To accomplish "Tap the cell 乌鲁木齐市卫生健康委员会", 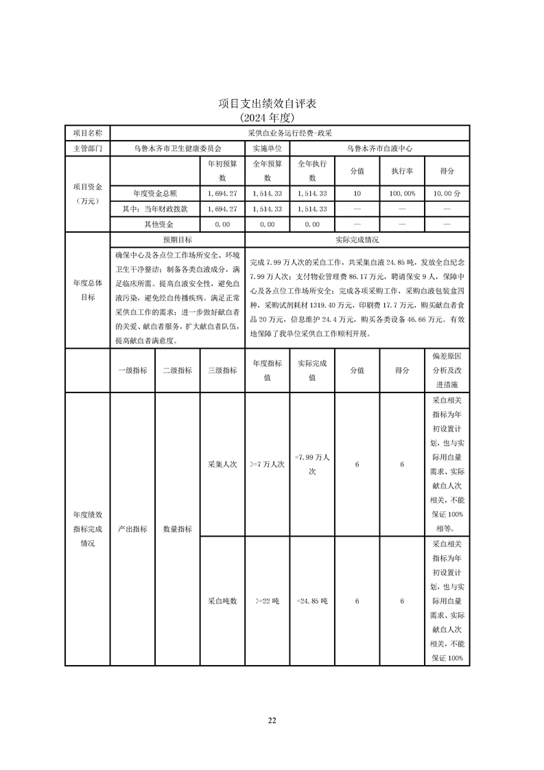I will tap(177, 148).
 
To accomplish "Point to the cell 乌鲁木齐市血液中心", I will tap(379, 148).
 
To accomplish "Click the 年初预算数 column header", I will tap(222, 171).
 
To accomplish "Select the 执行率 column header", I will tap(402, 171).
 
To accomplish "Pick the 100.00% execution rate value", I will tap(402, 194).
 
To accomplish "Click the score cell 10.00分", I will tap(447, 194).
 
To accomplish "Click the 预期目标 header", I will tap(177, 240).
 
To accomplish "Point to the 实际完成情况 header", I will tap(357, 240).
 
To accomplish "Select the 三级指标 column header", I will tap(222, 370).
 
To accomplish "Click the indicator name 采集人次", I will tap(222, 465).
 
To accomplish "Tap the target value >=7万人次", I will tap(267, 465).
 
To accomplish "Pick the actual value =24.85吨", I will tap(312, 600).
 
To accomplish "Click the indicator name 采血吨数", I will tap(222, 600).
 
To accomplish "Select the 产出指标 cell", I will tap(132, 529).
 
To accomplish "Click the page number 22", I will tap(272, 721).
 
